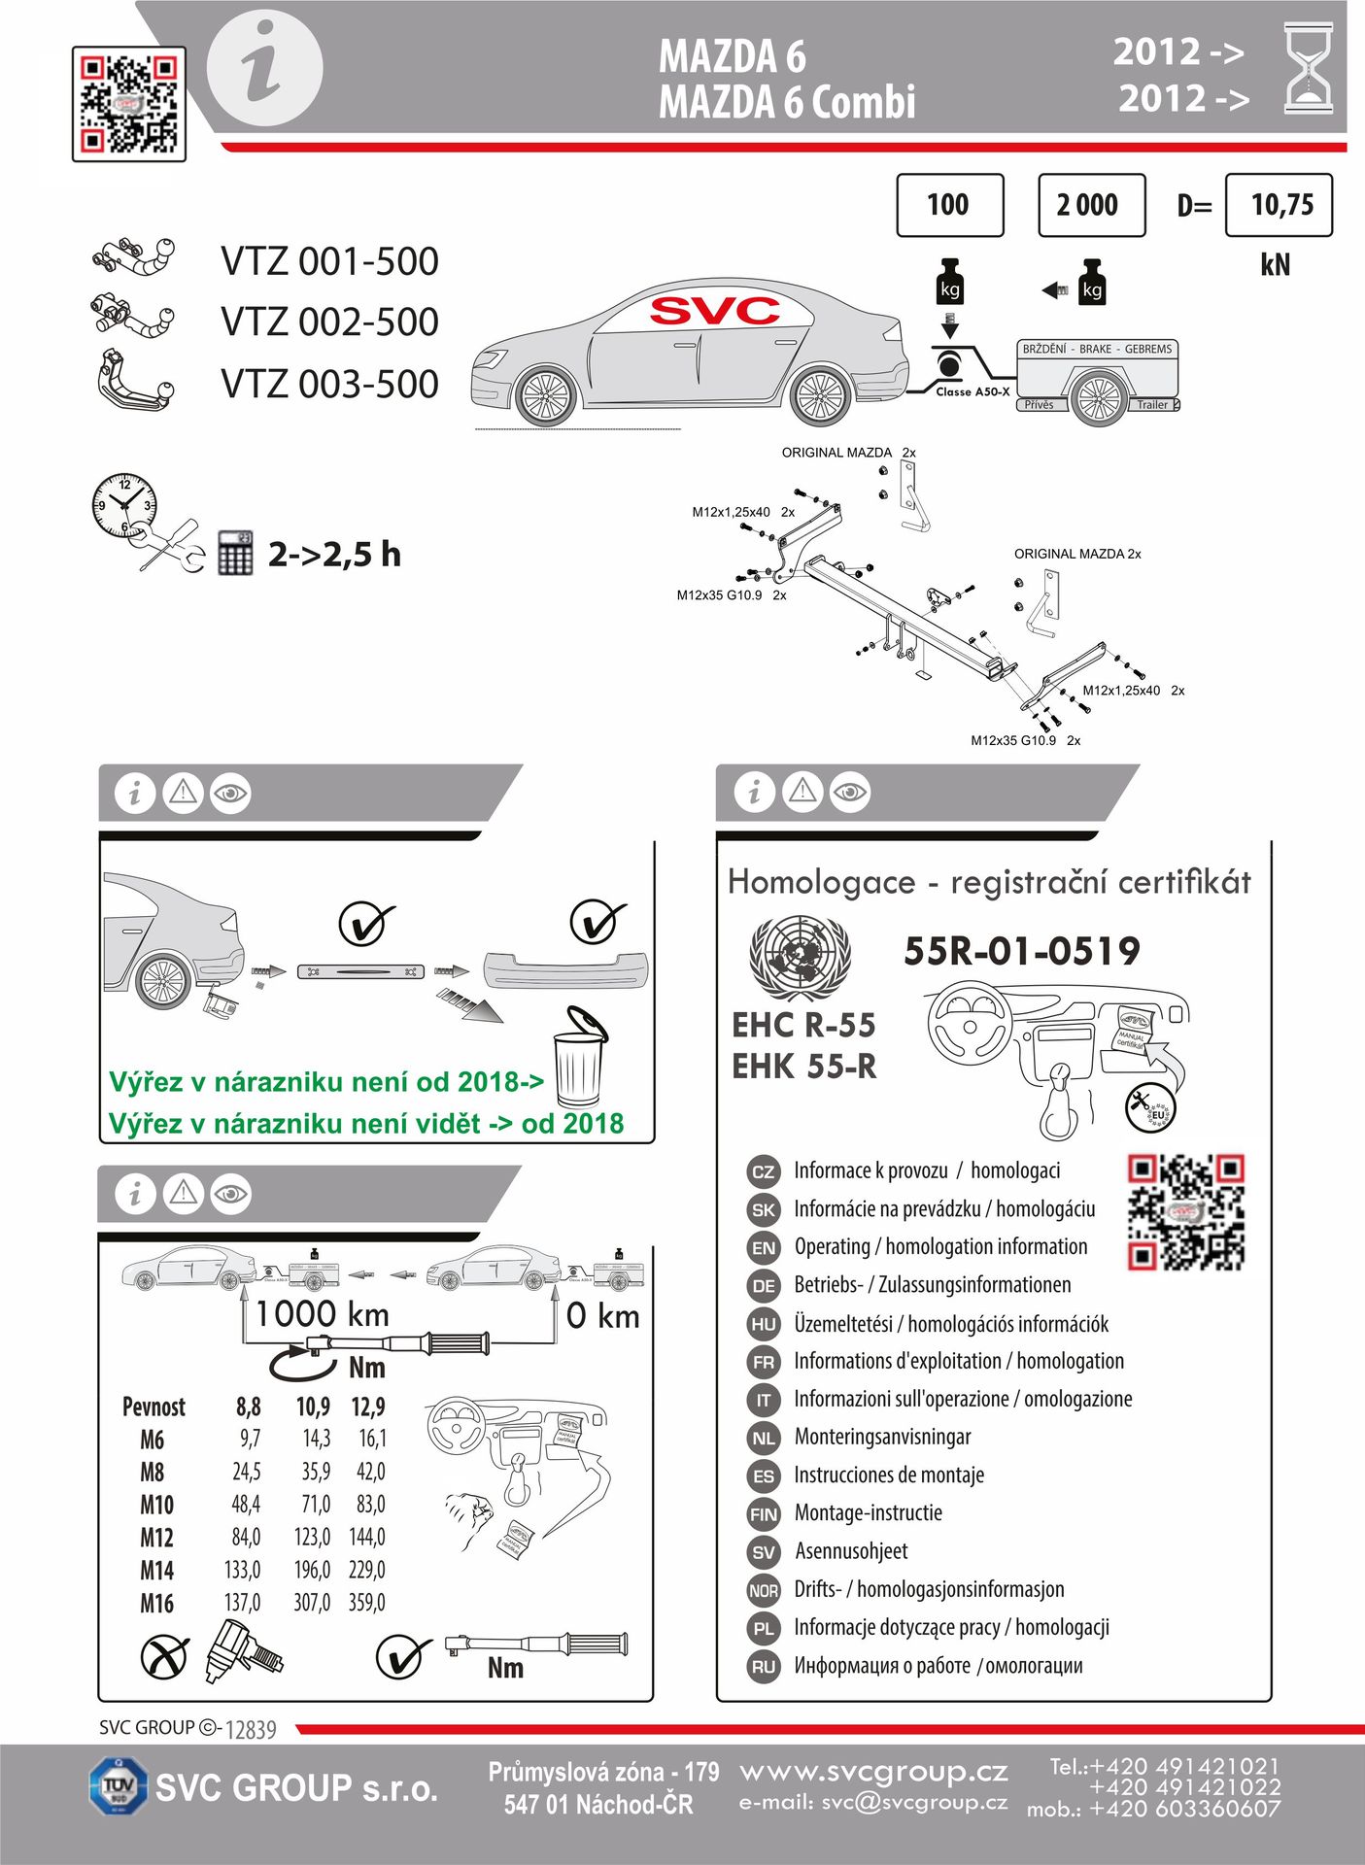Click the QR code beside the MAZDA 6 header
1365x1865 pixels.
pos(128,104)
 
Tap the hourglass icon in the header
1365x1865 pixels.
pos(1308,69)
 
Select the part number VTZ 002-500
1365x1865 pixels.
pos(329,322)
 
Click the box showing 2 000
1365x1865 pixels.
pos(1091,205)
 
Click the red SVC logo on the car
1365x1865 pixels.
pos(714,311)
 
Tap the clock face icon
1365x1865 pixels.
pos(123,504)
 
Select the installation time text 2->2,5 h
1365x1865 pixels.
pos(334,555)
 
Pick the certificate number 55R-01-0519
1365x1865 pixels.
pos(1021,951)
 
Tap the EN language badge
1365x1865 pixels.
pos(764,1248)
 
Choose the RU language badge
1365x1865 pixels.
pos(764,1667)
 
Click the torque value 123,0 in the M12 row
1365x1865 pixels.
pos(312,1537)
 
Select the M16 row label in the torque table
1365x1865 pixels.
pos(156,1603)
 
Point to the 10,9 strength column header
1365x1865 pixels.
pos(313,1407)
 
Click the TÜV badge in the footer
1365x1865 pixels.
pos(118,1785)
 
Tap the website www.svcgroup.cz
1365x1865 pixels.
pos(873,1773)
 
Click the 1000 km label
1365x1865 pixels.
pos(322,1315)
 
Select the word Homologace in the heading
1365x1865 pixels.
pos(821,882)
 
